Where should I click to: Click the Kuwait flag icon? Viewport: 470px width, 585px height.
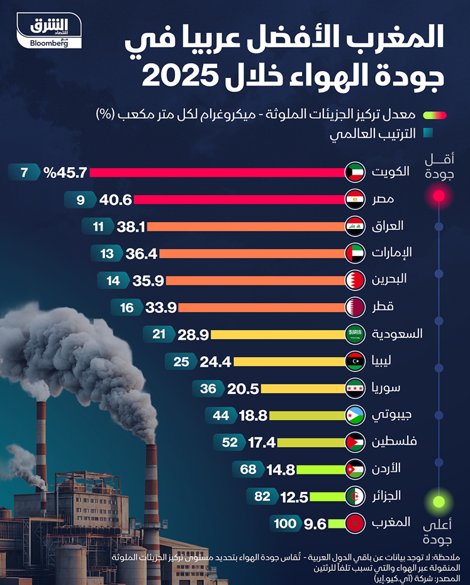tap(355, 172)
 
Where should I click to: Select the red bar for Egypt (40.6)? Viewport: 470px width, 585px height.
tap(239, 199)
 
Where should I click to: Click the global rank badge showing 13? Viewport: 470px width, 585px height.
tap(107, 253)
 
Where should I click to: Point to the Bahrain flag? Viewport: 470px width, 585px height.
tap(355, 280)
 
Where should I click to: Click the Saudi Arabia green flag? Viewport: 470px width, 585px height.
tap(355, 334)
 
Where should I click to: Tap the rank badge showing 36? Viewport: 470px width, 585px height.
tap(208, 388)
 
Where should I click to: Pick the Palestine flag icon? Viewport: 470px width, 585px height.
tap(355, 442)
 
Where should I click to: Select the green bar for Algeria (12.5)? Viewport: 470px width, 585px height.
tap(327, 496)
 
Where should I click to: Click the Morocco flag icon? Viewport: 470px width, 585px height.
tap(355, 523)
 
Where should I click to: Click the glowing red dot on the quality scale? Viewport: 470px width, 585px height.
tap(439, 196)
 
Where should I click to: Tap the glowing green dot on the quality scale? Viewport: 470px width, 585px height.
tap(439, 502)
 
